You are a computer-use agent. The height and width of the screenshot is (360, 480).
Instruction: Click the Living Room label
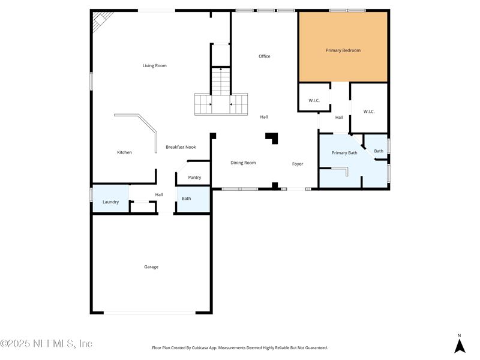[154, 65]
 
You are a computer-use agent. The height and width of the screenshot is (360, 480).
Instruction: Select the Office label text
[264, 56]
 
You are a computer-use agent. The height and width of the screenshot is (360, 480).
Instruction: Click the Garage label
[151, 266]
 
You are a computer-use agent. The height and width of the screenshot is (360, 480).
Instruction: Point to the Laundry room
[110, 202]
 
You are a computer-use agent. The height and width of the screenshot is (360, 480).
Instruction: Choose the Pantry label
[194, 178]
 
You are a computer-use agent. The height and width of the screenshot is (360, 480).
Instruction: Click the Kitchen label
[124, 152]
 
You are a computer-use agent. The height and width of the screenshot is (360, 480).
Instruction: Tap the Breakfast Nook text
[181, 147]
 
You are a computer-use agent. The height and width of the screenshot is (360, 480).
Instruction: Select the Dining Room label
[243, 163]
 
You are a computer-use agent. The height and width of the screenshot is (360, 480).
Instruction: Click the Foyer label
[298, 164]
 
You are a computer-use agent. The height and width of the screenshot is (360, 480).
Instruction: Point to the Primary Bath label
[344, 153]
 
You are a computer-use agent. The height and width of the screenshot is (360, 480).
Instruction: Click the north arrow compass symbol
[460, 346]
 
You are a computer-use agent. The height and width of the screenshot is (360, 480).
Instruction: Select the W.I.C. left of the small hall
[314, 100]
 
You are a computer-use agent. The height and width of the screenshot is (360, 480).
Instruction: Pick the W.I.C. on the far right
[369, 112]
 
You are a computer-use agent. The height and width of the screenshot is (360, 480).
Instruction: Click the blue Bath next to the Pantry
[187, 199]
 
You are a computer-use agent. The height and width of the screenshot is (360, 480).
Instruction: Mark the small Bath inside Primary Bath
[379, 151]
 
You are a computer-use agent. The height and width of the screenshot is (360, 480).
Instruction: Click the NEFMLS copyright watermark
[46, 344]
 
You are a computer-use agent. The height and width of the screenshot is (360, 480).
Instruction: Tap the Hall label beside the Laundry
[159, 194]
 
